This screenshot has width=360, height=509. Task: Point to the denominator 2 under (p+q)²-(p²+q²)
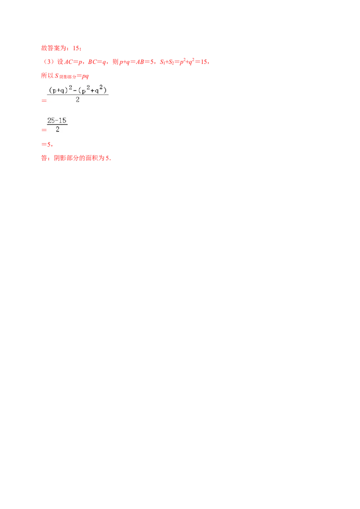(x=78, y=100)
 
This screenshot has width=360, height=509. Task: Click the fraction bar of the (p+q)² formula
(x=79, y=95)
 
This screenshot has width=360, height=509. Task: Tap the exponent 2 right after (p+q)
(x=70, y=88)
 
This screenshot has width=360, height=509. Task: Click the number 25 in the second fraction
(x=51, y=121)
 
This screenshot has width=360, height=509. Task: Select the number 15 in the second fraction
(x=63, y=121)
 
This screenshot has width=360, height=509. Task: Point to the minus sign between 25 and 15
(x=57, y=121)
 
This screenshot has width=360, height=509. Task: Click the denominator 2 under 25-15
(x=58, y=129)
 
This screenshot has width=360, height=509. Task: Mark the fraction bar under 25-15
(x=58, y=125)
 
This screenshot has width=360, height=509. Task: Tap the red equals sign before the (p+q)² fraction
(x=43, y=102)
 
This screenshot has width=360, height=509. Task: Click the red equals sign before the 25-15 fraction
(x=43, y=130)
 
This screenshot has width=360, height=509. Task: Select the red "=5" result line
(x=47, y=145)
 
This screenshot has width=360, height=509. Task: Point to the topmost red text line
(x=60, y=48)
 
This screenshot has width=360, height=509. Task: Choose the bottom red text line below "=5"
(x=76, y=158)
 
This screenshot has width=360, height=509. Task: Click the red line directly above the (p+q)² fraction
(x=65, y=76)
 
